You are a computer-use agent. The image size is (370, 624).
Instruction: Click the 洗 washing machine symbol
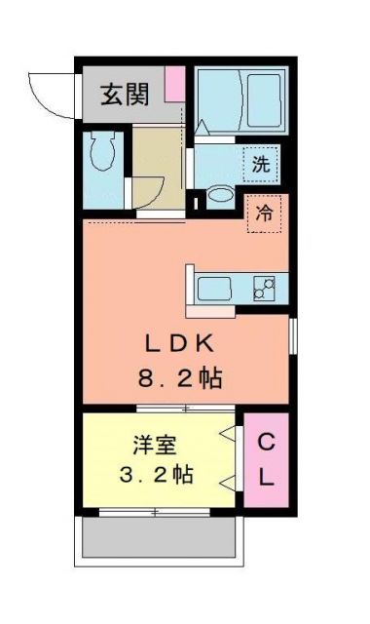pyautogui.click(x=261, y=164)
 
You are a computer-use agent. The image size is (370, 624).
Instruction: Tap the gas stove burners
pyautogui.click(x=264, y=289)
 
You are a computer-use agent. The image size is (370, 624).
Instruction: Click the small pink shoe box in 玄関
pyautogui.click(x=174, y=83)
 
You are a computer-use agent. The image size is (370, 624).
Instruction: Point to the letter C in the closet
pyautogui.click(x=265, y=443)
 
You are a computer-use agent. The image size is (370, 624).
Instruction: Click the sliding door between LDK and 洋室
pyautogui.click(x=185, y=408)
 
